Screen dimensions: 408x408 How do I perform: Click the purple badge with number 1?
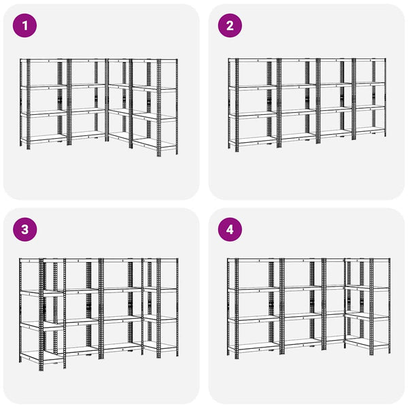(24, 26)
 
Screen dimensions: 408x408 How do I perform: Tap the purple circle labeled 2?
(230, 26)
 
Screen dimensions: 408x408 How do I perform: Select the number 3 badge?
(24, 230)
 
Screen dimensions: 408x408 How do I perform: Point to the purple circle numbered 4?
(230, 230)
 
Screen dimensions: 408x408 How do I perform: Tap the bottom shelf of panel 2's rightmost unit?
(370, 130)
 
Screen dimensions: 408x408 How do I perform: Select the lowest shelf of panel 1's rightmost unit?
(155, 143)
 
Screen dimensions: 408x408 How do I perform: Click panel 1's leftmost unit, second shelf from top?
(44, 87)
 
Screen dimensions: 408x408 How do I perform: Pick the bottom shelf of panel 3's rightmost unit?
(159, 346)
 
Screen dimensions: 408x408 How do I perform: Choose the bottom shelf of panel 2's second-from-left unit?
(299, 137)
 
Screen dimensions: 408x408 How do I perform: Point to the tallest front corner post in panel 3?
(41, 314)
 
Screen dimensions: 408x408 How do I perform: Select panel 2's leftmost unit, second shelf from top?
(253, 88)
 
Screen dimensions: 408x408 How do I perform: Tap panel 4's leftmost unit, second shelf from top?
(254, 290)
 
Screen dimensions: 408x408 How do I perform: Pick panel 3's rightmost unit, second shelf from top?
(160, 290)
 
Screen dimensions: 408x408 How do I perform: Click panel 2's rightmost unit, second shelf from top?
(370, 84)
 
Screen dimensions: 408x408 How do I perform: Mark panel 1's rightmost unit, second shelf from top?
(155, 88)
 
